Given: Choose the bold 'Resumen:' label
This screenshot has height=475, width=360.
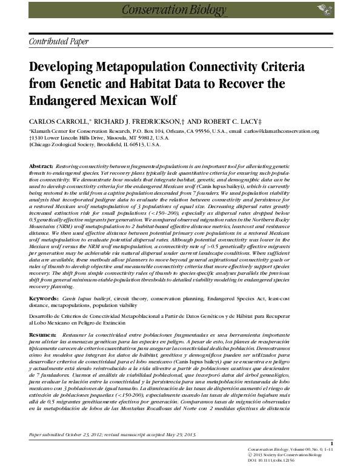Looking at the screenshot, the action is pos(42,335).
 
